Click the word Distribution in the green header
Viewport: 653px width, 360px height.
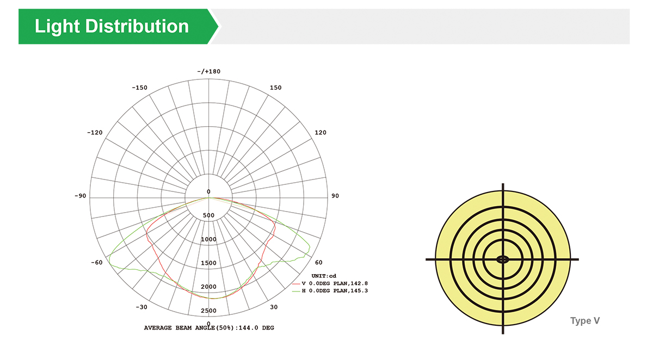137,26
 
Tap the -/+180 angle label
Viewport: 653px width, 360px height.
209,72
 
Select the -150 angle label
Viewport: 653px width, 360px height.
140,88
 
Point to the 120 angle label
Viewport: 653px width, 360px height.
321,133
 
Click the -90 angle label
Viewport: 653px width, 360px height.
81,196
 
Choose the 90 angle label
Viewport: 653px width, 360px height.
335,196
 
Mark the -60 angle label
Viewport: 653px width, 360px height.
97,263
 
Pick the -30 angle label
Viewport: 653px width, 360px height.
141,307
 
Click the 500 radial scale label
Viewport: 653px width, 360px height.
208,215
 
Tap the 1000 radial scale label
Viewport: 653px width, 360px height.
209,239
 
